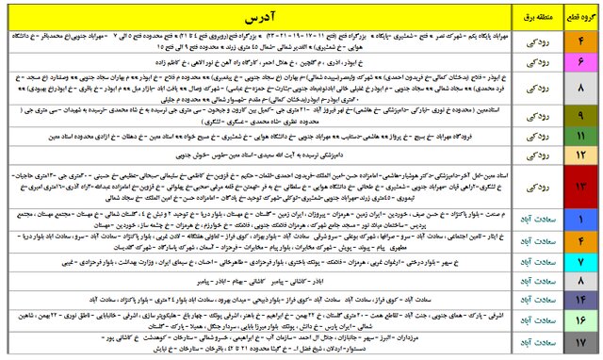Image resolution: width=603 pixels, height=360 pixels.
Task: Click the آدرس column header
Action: click(x=255, y=18)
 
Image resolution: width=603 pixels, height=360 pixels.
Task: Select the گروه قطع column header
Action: click(x=581, y=18)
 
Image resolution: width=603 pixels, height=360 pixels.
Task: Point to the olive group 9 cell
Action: click(x=581, y=116)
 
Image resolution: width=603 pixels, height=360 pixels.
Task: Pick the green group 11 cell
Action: click(x=581, y=136)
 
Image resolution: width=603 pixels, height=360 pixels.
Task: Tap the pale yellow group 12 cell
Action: click(x=581, y=152)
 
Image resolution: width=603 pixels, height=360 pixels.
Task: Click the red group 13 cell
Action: click(x=581, y=186)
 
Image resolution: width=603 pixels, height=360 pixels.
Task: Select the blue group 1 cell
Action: click(x=581, y=220)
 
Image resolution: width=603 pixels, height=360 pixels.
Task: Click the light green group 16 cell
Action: click(x=581, y=320)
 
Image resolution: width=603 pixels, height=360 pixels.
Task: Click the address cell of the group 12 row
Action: click(x=255, y=152)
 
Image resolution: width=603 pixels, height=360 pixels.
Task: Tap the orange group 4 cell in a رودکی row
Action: click(x=581, y=41)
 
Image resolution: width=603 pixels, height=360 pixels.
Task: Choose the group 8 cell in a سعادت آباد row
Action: click(x=581, y=279)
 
